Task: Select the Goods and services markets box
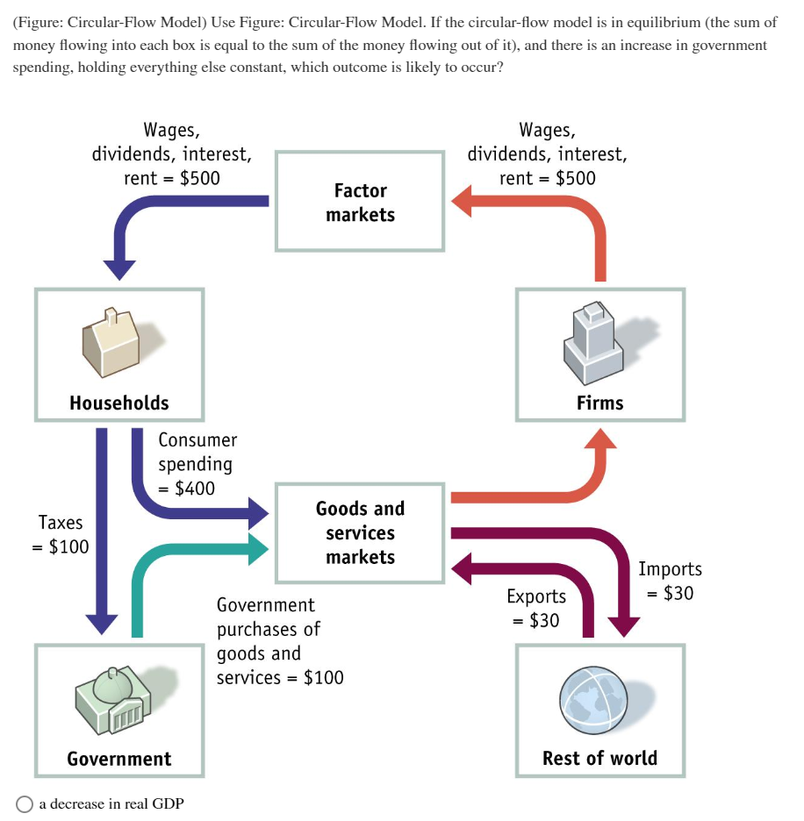(x=360, y=532)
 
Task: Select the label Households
(x=119, y=403)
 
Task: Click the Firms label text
(x=599, y=403)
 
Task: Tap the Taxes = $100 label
(x=61, y=534)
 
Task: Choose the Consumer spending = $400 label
(x=197, y=464)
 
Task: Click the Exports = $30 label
(x=536, y=608)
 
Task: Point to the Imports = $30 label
(x=670, y=581)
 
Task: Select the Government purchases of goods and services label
(x=279, y=641)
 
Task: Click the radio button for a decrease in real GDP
(x=25, y=803)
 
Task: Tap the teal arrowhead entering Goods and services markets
(x=258, y=547)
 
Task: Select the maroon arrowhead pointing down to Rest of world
(x=624, y=626)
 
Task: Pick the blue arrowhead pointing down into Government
(x=101, y=621)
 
